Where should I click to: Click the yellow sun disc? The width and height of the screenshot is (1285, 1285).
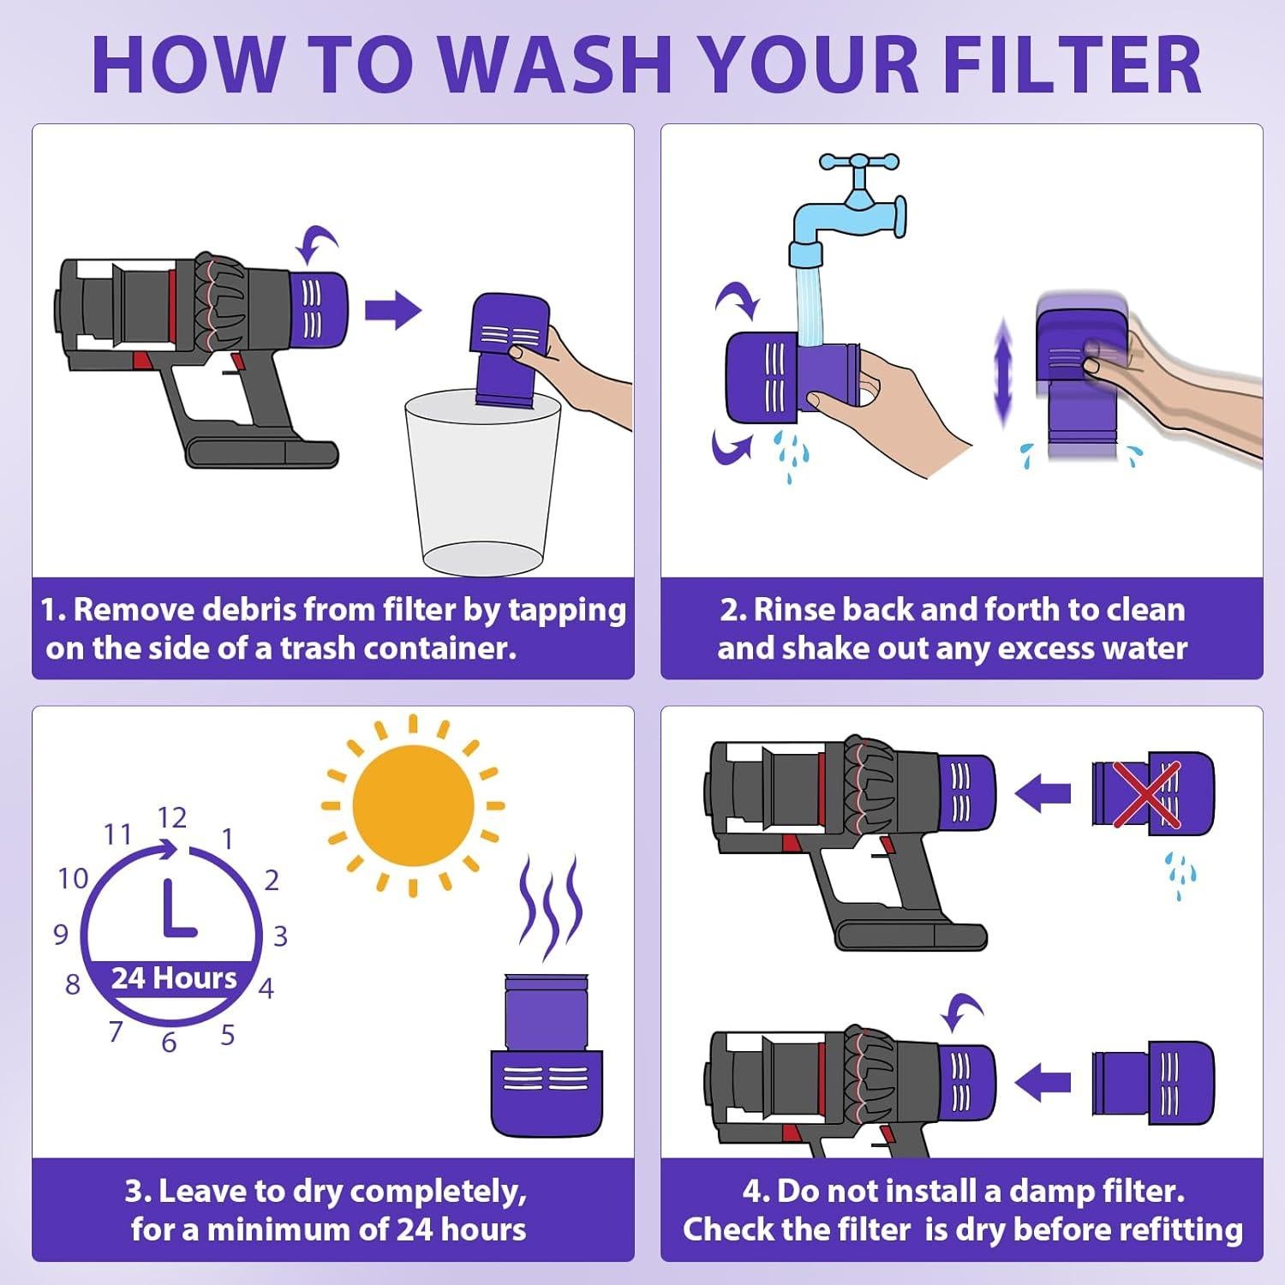(x=413, y=805)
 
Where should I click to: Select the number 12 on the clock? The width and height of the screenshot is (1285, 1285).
(x=171, y=818)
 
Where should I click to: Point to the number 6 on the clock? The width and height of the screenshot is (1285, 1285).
(x=169, y=1042)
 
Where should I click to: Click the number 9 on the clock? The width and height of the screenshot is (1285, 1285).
(x=61, y=934)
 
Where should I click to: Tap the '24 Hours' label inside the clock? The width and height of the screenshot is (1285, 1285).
(x=174, y=978)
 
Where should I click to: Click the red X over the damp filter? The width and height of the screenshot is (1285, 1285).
(x=1146, y=794)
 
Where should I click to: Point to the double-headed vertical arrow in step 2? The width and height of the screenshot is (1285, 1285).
(x=1003, y=373)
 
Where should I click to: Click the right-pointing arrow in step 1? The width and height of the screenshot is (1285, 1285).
(x=393, y=310)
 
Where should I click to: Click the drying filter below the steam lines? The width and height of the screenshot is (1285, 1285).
(x=546, y=1054)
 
